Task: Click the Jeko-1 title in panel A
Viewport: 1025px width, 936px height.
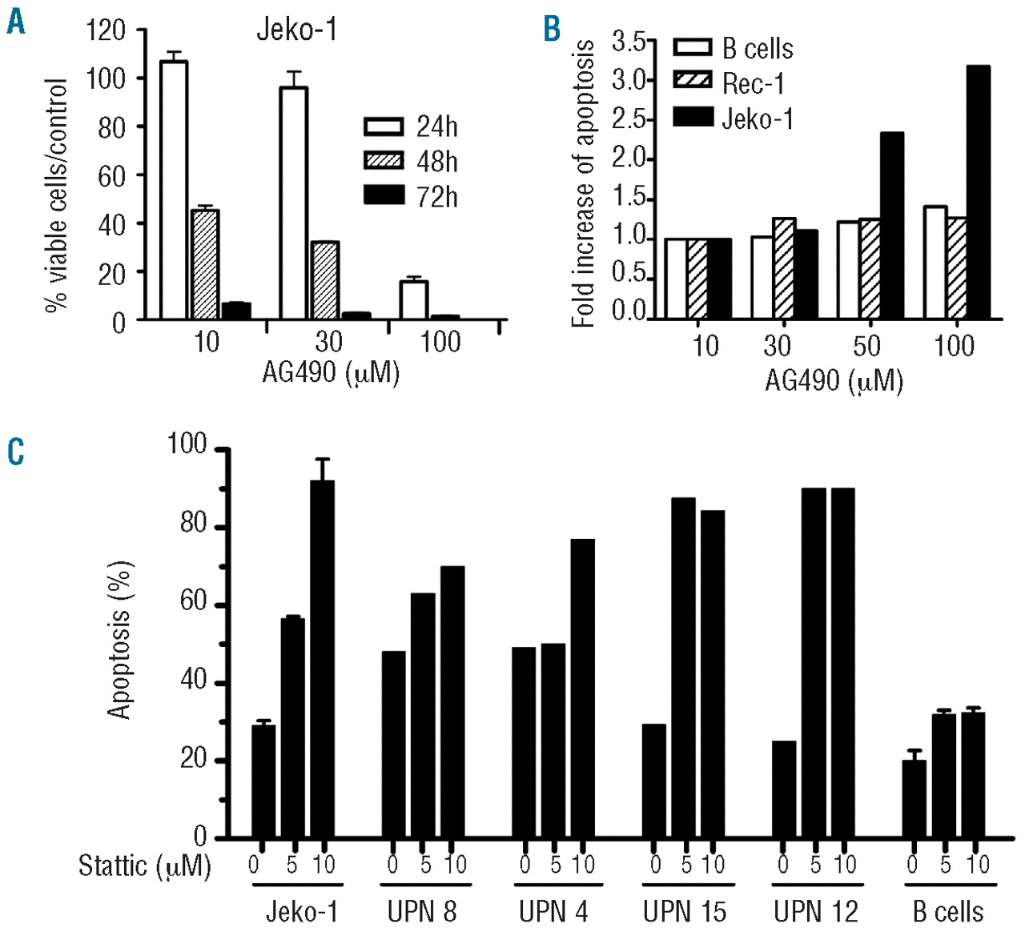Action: coord(296,30)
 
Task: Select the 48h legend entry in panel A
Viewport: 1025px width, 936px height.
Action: coord(411,161)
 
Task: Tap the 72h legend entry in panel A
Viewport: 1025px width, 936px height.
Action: coord(411,196)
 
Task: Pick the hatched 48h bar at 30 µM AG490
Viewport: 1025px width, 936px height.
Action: coord(324,280)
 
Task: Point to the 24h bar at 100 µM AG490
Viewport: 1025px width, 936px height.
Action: coord(413,300)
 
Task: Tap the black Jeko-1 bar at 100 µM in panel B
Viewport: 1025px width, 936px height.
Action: coord(978,192)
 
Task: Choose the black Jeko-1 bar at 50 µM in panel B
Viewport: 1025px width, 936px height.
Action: coord(891,226)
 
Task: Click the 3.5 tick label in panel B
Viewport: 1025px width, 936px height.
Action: coord(629,42)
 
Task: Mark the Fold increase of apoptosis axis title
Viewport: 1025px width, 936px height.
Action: coord(583,183)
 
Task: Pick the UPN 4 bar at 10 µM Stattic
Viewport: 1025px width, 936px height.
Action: coord(582,688)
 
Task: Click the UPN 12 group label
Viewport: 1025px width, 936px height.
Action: coord(815,911)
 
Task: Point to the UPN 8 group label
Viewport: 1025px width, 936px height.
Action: coord(422,911)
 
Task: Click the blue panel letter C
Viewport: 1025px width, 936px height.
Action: coord(15,452)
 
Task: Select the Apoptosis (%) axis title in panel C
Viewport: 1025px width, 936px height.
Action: coord(119,641)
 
